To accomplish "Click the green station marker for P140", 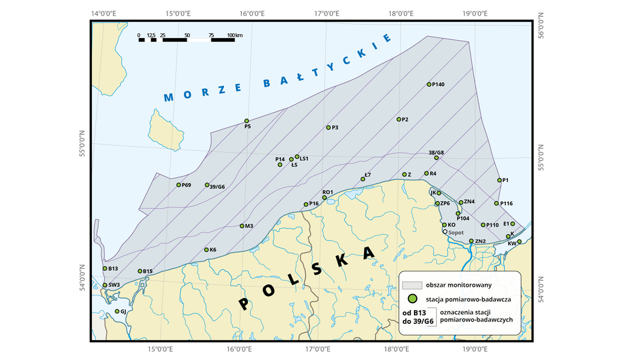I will [429, 85].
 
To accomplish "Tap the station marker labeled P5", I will [247, 121].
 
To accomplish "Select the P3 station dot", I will [328, 127].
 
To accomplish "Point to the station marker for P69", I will [179, 185].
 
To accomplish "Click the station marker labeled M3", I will [242, 226].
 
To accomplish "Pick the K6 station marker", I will [206, 250].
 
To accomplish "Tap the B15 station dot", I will [140, 271].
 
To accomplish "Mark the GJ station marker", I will [117, 311].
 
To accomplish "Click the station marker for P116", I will [497, 203].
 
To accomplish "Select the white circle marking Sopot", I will [445, 233].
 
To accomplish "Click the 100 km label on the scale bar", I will [235, 35].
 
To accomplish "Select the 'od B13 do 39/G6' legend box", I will [417, 317].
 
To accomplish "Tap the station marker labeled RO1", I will [325, 197].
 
